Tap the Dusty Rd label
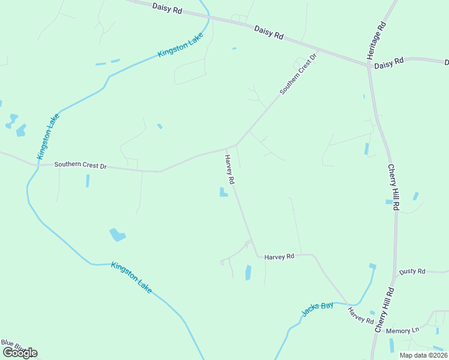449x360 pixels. pyautogui.click(x=412, y=271)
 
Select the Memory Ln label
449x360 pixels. pyautogui.click(x=403, y=331)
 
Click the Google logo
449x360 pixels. pyautogui.click(x=19, y=353)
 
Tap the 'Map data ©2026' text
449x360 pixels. pyautogui.click(x=423, y=355)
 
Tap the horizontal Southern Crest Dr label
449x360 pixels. pyautogui.click(x=80, y=165)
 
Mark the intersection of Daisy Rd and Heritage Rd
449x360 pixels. pyautogui.click(x=369, y=65)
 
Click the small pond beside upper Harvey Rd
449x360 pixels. pyautogui.click(x=223, y=193)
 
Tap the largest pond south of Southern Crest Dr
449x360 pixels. pyautogui.click(x=117, y=235)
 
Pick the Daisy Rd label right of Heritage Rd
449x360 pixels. pyautogui.click(x=388, y=62)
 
